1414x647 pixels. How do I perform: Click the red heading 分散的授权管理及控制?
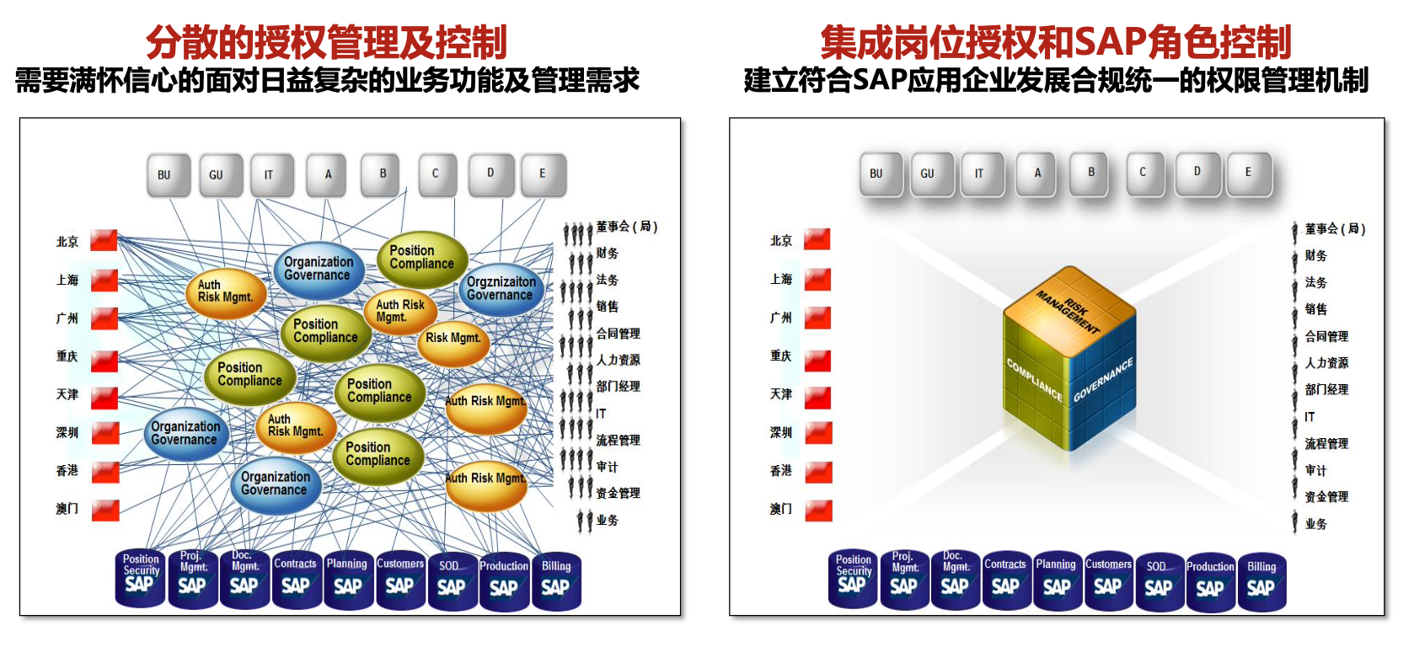(326, 42)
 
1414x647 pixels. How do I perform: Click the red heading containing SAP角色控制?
(1055, 42)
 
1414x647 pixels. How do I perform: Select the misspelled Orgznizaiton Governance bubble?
(501, 289)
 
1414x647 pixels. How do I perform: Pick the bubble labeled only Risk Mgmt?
(453, 339)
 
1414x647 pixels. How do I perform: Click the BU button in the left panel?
(164, 175)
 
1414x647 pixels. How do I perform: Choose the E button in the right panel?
(1248, 173)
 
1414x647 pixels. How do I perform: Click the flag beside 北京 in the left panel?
(104, 241)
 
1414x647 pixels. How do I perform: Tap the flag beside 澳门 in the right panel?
(817, 510)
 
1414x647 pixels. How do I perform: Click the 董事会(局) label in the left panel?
(626, 227)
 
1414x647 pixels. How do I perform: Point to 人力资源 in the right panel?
(1326, 363)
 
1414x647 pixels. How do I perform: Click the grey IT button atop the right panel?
(979, 174)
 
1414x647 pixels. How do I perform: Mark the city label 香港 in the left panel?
(67, 470)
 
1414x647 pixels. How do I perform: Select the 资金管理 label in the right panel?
(1326, 497)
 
